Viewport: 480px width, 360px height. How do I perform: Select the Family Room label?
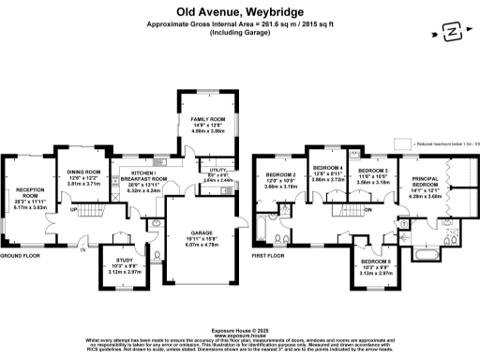click(210, 119)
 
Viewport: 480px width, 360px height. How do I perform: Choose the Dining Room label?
click(83, 172)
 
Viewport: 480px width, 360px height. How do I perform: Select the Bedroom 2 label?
click(280, 174)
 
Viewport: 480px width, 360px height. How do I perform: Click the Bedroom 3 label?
click(372, 170)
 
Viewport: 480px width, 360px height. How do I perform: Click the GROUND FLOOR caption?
click(20, 255)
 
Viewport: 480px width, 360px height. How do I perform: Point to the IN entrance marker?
click(82, 249)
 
